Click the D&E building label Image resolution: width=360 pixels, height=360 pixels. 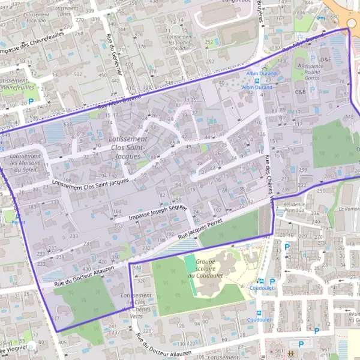click(x=325, y=59)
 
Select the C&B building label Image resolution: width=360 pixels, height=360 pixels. click(x=301, y=92)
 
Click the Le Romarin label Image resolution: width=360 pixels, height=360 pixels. click(x=349, y=209)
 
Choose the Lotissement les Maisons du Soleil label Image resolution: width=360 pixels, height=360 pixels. click(x=26, y=163)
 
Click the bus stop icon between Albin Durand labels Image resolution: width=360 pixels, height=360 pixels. click(x=257, y=80)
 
